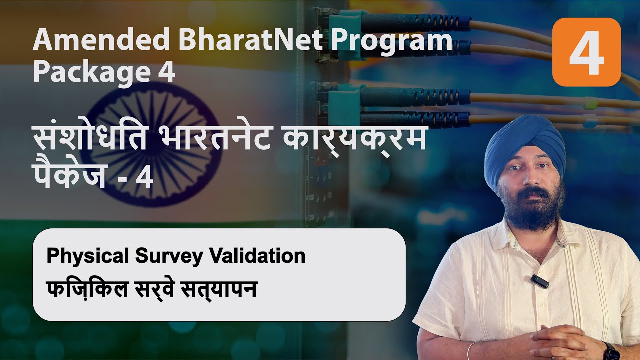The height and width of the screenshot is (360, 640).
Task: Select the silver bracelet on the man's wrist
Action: (470, 351)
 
